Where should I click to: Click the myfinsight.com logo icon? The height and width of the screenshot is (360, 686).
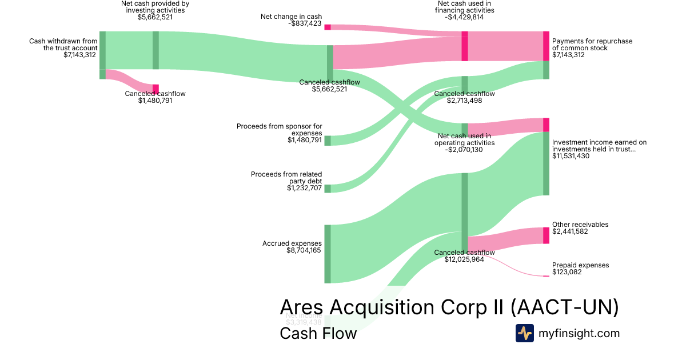(524, 333)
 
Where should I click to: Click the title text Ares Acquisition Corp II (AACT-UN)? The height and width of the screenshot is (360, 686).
(449, 307)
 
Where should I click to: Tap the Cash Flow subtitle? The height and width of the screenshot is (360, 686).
(318, 333)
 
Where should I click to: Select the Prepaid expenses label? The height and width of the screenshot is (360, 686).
(580, 265)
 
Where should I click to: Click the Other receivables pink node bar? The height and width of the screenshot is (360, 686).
(546, 235)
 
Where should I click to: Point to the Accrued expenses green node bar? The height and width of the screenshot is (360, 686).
(328, 254)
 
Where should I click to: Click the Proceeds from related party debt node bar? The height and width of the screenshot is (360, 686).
(328, 189)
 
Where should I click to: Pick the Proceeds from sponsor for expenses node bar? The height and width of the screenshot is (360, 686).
(328, 141)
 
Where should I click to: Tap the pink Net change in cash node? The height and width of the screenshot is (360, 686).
(328, 27)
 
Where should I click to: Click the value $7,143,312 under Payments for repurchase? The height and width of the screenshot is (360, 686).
(568, 55)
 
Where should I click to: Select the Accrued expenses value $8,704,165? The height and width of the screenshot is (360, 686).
(304, 250)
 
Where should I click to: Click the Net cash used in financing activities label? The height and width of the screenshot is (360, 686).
(464, 10)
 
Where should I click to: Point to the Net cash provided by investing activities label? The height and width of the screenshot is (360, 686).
(155, 10)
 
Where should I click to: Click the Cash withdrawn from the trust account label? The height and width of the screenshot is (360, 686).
(63, 45)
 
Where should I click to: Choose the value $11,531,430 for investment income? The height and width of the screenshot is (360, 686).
(572, 156)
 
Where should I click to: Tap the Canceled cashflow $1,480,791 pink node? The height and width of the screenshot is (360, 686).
(155, 88)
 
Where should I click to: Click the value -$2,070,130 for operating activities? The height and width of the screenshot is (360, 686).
(464, 150)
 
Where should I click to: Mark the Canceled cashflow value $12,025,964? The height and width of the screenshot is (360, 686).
(464, 259)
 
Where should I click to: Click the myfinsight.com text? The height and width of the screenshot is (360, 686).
(579, 333)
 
